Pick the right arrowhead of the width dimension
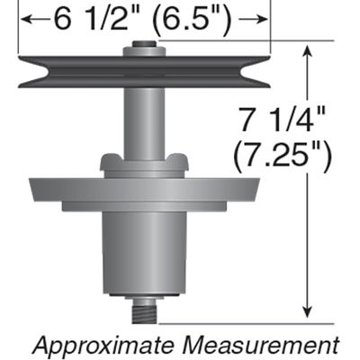click(263, 20)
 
